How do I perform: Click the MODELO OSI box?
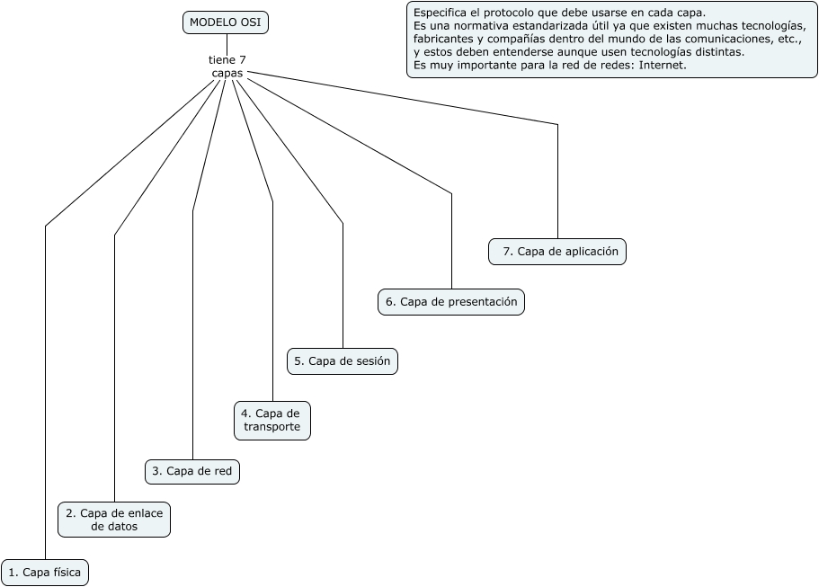click(x=225, y=22)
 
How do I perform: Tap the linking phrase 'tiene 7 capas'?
click(x=227, y=67)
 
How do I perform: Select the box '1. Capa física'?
click(x=45, y=573)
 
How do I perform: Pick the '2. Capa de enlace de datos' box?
click(x=114, y=520)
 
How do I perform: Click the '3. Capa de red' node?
click(x=192, y=472)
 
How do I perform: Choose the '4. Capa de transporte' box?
click(x=272, y=421)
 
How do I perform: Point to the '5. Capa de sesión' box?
click(x=343, y=361)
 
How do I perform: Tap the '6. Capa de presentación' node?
click(x=451, y=302)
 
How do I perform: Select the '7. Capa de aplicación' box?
click(x=557, y=252)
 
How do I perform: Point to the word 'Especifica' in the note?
click(x=437, y=13)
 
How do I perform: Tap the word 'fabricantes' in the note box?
click(x=439, y=40)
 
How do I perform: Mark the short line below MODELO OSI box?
click(x=227, y=44)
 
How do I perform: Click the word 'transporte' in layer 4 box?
click(x=272, y=427)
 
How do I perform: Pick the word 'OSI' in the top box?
click(x=251, y=22)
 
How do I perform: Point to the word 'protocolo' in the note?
click(x=511, y=13)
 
